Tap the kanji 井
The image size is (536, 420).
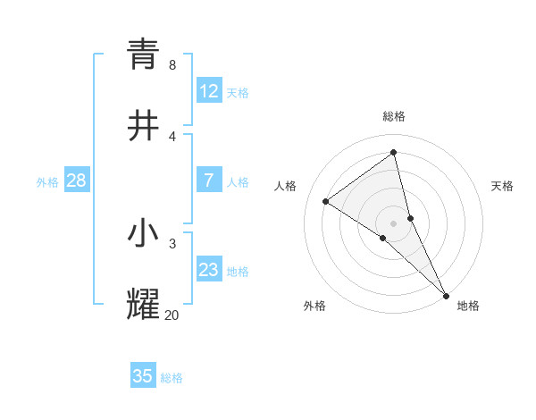(x=143, y=126)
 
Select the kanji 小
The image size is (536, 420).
(x=143, y=233)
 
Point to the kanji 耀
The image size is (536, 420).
(x=143, y=305)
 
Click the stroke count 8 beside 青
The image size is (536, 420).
(x=172, y=65)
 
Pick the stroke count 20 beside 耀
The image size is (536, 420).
(x=172, y=315)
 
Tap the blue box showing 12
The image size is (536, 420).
(x=209, y=91)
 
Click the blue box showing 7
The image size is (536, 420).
(x=209, y=181)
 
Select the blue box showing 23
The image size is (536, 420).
(x=209, y=270)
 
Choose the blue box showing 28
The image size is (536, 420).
(x=76, y=181)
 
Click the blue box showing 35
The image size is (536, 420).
(x=143, y=376)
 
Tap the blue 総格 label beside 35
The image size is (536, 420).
(x=172, y=378)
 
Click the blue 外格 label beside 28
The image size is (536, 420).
(x=47, y=182)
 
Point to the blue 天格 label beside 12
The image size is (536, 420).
(x=238, y=93)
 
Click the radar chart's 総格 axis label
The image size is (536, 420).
(x=394, y=116)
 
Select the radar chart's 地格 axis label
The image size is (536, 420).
(x=468, y=306)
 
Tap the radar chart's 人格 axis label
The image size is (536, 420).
(x=286, y=186)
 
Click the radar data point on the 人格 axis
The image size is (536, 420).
(x=326, y=201)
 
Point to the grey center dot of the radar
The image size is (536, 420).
(x=394, y=223)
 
